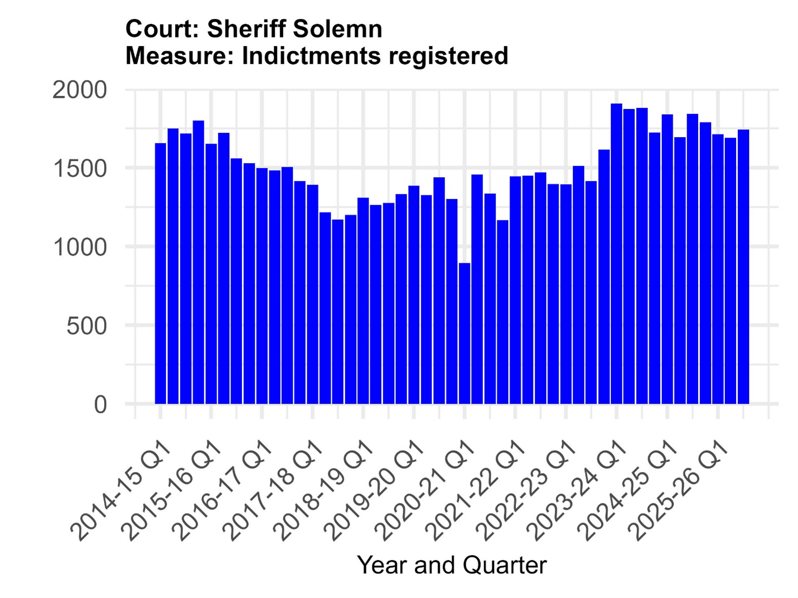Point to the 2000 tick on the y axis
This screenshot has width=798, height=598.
tap(80, 90)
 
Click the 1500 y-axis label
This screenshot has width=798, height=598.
tap(80, 169)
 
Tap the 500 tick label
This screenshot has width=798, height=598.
tap(87, 326)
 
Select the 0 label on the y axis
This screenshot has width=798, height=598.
tap(100, 405)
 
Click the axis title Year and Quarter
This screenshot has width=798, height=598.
tap(452, 565)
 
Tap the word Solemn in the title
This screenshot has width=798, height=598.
tap(338, 29)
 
